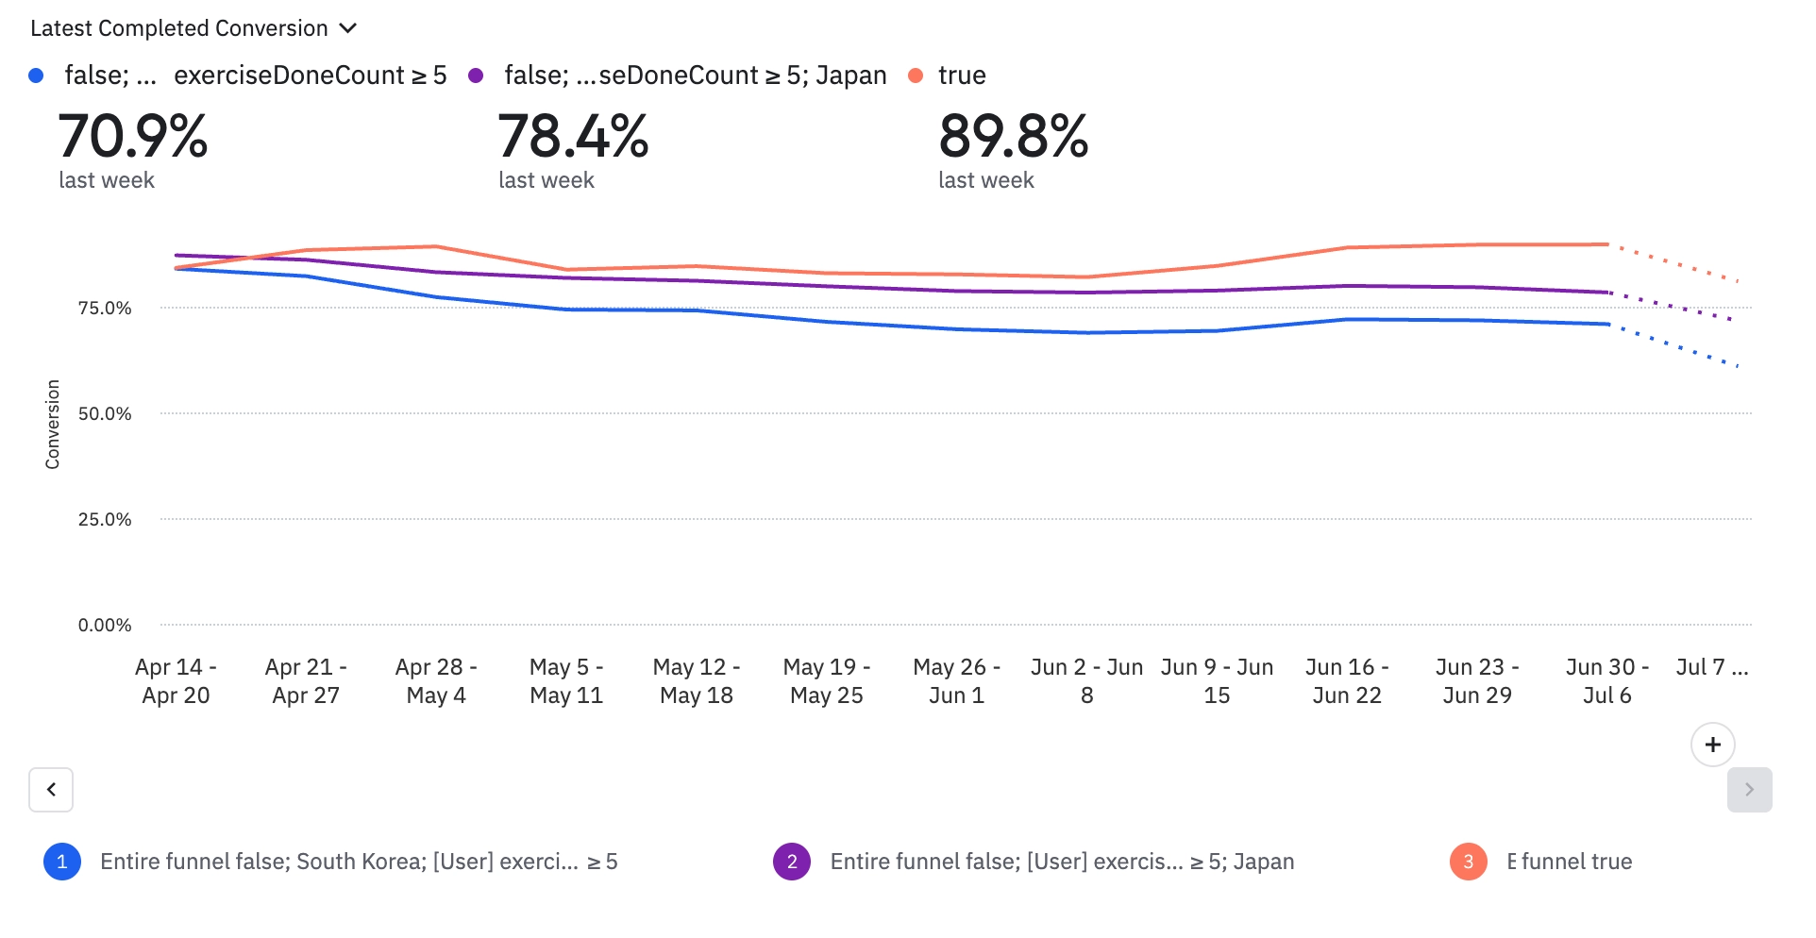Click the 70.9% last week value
pyautogui.click(x=133, y=137)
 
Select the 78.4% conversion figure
pyautogui.click(x=573, y=137)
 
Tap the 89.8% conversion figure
pyautogui.click(x=1013, y=137)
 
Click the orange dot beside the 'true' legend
pyautogui.click(x=915, y=75)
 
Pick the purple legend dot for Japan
pyautogui.click(x=476, y=75)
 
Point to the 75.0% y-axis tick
pyautogui.click(x=105, y=308)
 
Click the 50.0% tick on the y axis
pyautogui.click(x=105, y=413)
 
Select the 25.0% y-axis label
pyautogui.click(x=105, y=519)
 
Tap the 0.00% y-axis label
pyautogui.click(x=105, y=625)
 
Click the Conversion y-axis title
pyautogui.click(x=53, y=424)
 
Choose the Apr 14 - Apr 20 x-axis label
pyautogui.click(x=176, y=680)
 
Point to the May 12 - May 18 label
pyautogui.click(x=697, y=680)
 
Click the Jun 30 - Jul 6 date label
pyautogui.click(x=1606, y=680)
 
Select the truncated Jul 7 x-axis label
pyautogui.click(x=1711, y=667)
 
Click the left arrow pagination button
pyautogui.click(x=51, y=789)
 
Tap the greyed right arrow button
pyautogui.click(x=1749, y=789)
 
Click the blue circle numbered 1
pyautogui.click(x=62, y=861)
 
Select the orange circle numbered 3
pyautogui.click(x=1468, y=861)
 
